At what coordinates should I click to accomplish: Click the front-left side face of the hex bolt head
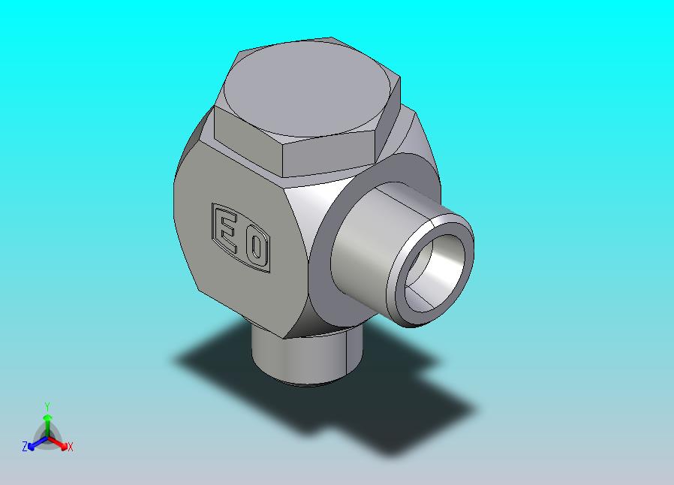point(248,140)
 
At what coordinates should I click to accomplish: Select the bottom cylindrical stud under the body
point(306,357)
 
